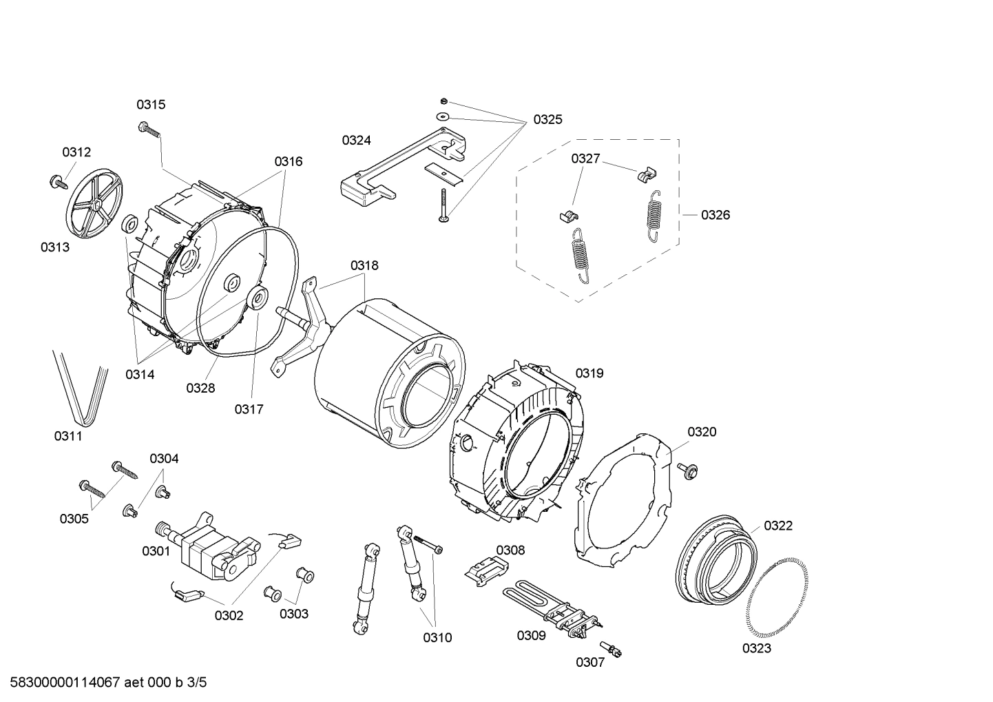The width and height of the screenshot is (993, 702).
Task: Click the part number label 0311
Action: tap(68, 436)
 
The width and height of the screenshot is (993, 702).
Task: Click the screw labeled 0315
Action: tap(149, 128)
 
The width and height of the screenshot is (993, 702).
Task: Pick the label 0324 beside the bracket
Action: tap(356, 141)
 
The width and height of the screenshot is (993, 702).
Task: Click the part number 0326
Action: tap(715, 215)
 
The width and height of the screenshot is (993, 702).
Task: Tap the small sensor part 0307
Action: tap(612, 648)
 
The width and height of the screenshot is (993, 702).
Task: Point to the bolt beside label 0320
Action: tap(687, 469)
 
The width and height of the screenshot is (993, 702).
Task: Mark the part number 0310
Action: tap(437, 638)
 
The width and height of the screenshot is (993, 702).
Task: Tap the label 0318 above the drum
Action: tap(364, 265)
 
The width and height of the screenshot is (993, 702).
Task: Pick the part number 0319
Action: tap(589, 373)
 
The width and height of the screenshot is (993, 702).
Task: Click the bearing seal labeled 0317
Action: tap(260, 300)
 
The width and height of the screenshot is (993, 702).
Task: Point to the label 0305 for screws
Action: tap(74, 519)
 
